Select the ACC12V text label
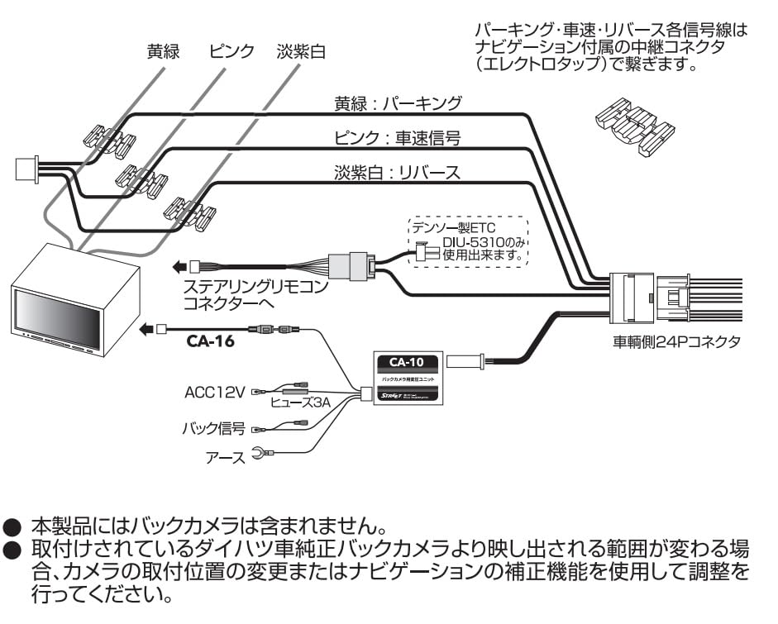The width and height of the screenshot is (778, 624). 214,392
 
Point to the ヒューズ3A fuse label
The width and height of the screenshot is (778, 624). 300,403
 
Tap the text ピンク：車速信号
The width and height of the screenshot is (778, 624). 397,137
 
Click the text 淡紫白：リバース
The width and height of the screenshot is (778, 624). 397,172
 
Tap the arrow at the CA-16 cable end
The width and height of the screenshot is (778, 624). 146,329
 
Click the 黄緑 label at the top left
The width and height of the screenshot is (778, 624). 163,51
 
